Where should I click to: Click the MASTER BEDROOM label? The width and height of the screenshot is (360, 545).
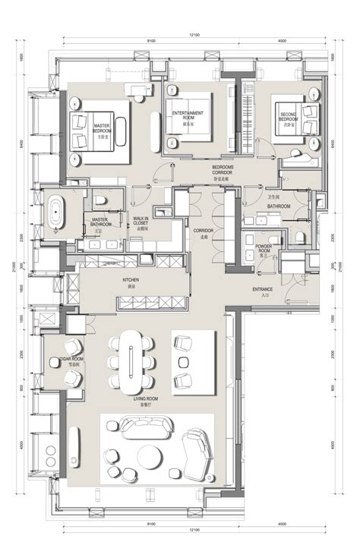pos(103,128)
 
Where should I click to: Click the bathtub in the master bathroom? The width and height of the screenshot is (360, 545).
pos(57,213)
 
